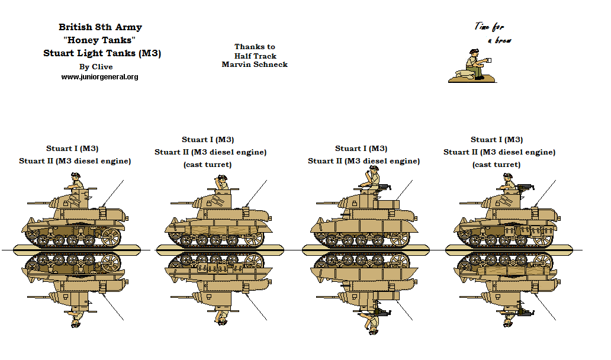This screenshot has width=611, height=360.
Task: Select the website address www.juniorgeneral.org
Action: pos(99,77)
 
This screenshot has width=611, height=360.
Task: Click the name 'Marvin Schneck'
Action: pos(255,65)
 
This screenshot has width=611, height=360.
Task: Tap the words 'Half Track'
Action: pos(255,56)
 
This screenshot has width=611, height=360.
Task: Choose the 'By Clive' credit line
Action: pos(96,67)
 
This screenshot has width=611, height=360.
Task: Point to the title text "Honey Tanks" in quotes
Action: pos(99,40)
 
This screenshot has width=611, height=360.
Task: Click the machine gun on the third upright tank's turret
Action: pos(385,187)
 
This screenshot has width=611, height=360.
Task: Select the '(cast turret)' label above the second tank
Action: pos(207,165)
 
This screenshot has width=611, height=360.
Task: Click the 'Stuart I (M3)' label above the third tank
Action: pos(361,149)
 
